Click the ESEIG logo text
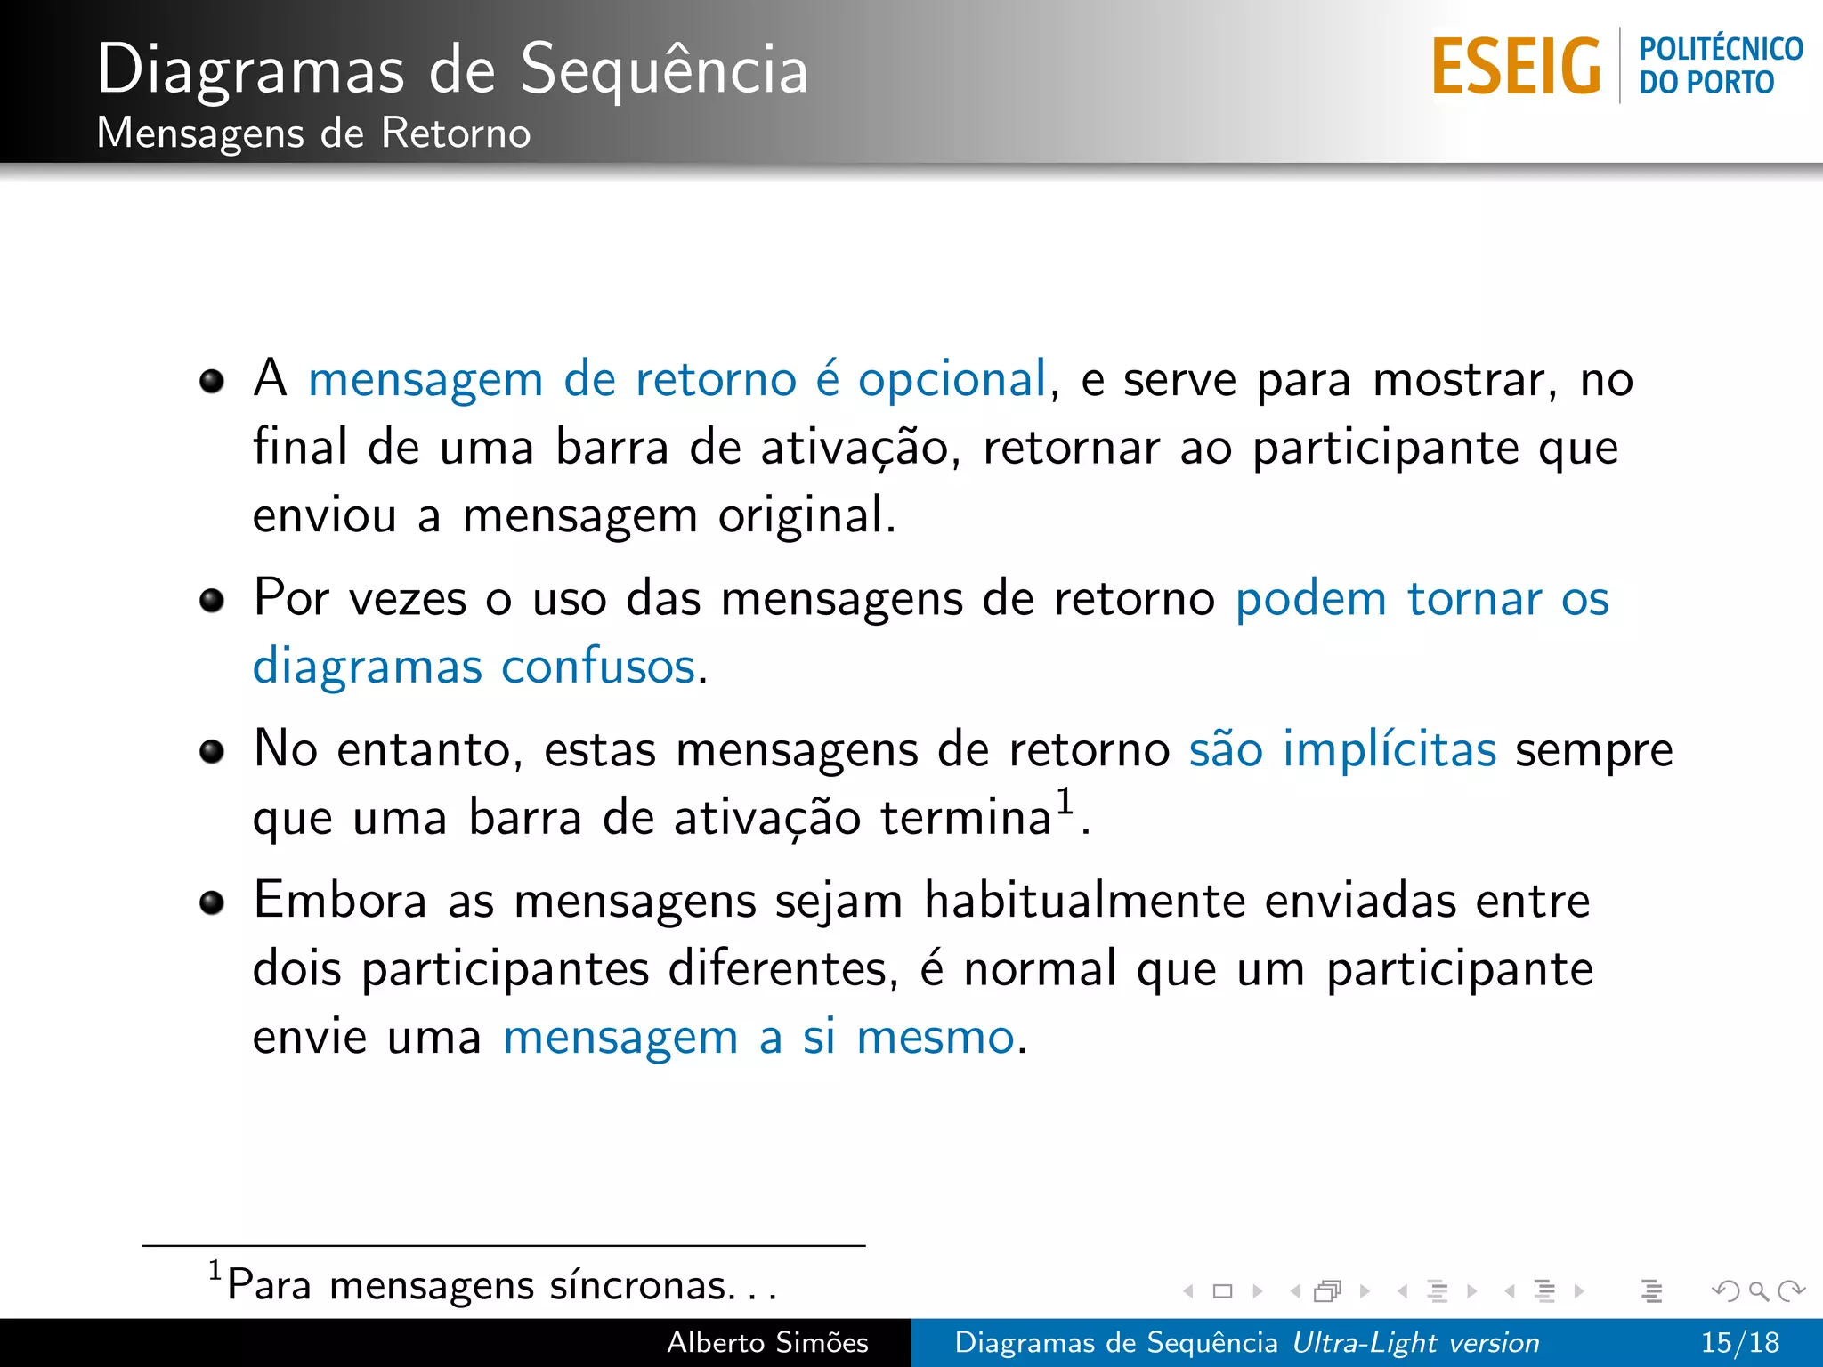tap(1516, 66)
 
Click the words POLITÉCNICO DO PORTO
tap(1720, 65)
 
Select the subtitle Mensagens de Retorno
tap(313, 133)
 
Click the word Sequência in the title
tap(664, 69)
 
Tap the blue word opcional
tap(952, 380)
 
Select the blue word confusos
tap(598, 667)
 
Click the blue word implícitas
tap(1389, 749)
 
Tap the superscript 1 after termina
tap(1065, 800)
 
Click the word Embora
tap(340, 900)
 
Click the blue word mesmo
tap(935, 1038)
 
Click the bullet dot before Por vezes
tap(212, 600)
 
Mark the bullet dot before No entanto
tap(212, 751)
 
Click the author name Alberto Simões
tap(767, 1342)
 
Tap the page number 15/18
tap(1739, 1342)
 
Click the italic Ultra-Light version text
tap(1415, 1342)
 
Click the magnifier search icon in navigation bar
tap(1758, 1290)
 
